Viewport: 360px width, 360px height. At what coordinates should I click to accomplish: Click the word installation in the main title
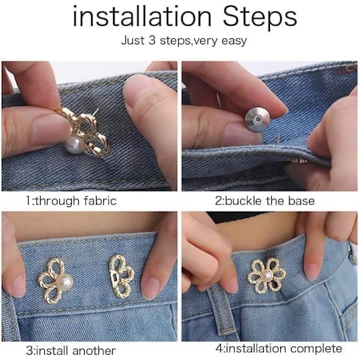point(142,16)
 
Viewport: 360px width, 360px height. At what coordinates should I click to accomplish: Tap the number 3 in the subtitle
point(152,40)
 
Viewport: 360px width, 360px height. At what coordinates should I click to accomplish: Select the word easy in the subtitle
point(234,41)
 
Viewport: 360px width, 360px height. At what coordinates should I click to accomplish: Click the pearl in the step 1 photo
point(75,144)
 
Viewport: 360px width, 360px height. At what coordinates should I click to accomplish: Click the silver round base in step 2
point(257,119)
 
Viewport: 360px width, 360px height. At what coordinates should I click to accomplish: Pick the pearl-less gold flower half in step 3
point(121,277)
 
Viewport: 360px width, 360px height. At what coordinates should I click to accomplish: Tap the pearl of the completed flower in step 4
point(266,275)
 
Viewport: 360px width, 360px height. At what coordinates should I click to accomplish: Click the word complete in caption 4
point(316,349)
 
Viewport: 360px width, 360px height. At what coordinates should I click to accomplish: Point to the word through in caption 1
point(57,201)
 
